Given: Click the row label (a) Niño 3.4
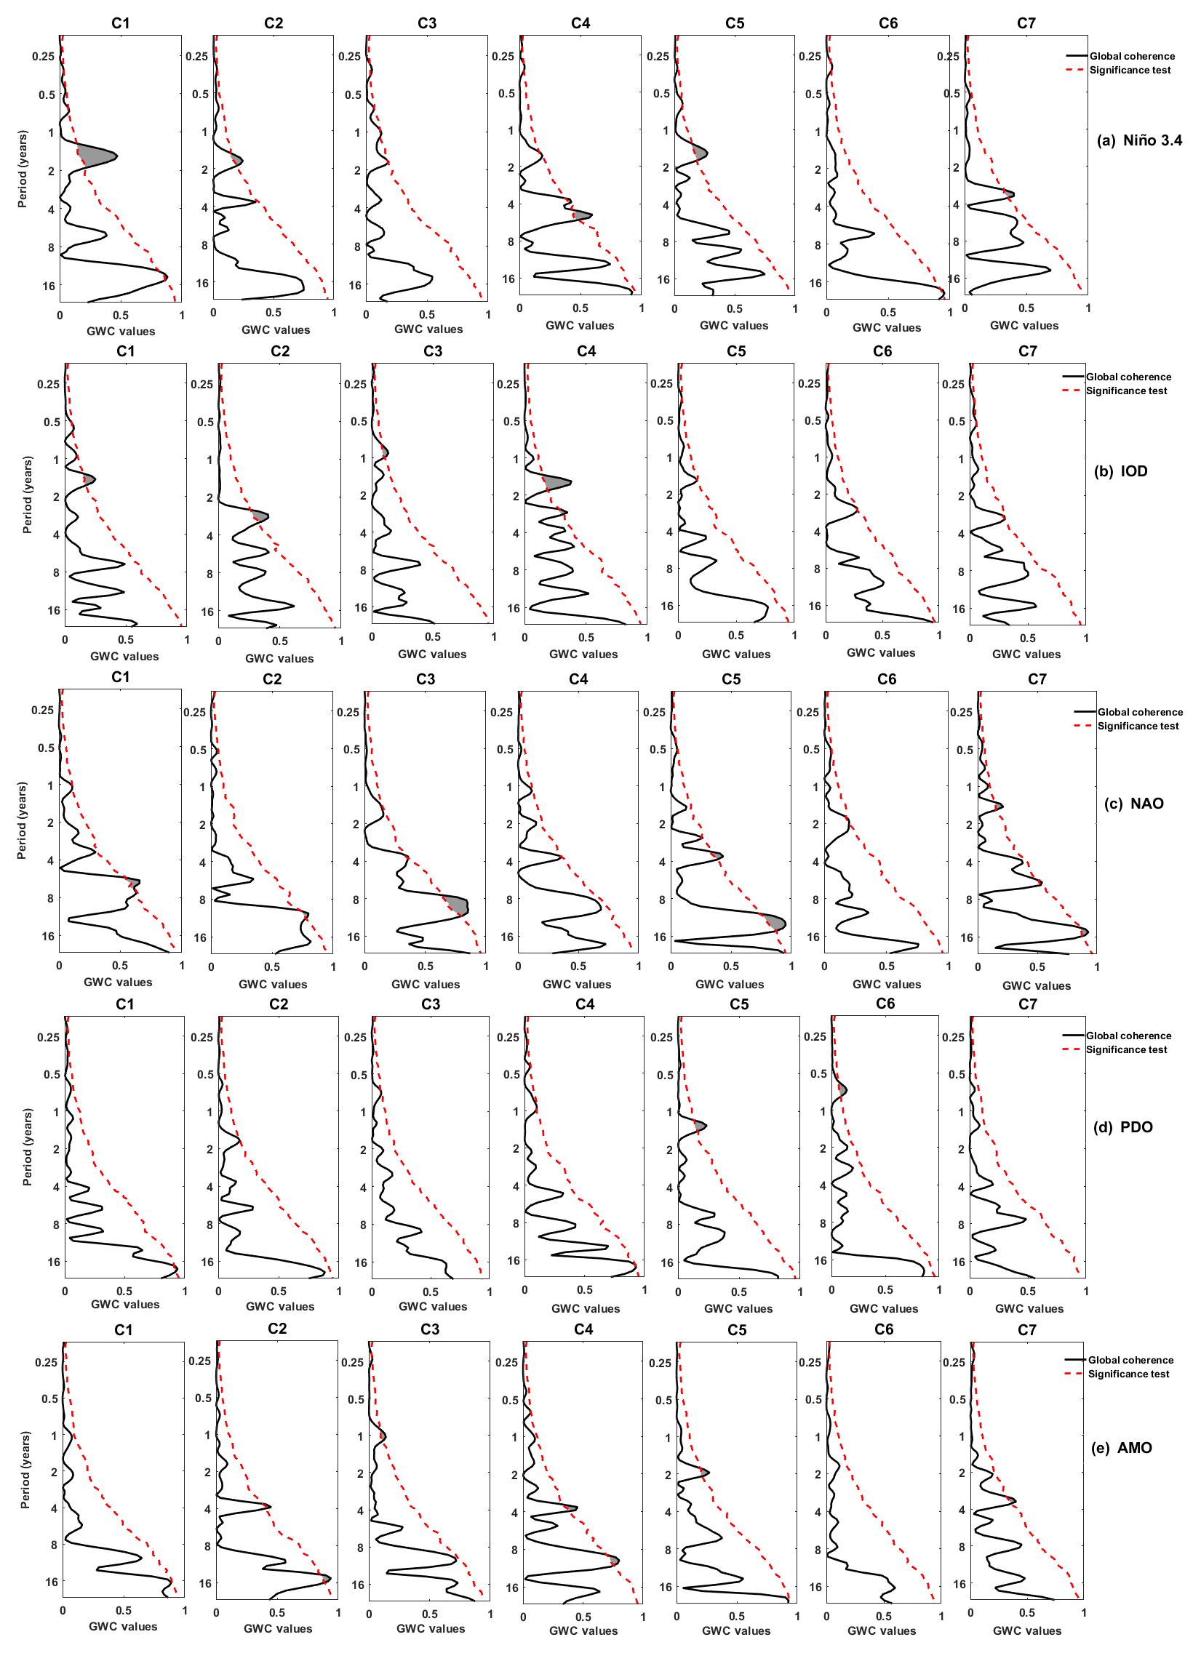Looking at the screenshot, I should (1139, 140).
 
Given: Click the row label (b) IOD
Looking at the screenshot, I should (1121, 471).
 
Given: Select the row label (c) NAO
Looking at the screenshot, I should (1134, 804).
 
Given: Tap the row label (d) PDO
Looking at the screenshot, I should (1123, 1127).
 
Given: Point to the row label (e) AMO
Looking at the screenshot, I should (1122, 1448).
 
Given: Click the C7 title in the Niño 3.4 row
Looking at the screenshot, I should (1026, 23).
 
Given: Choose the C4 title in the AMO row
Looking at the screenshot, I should (583, 1329).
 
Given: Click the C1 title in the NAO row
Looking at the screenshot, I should (120, 677).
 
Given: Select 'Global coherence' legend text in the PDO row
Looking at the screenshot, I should (1128, 1036).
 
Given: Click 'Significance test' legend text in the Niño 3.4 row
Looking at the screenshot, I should (1130, 70).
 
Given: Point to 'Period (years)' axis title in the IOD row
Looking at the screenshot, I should (27, 495).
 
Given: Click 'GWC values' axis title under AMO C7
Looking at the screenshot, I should (1026, 1630).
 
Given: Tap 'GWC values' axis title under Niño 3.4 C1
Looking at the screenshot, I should (120, 331).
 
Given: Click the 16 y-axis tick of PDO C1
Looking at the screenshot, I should (53, 1262).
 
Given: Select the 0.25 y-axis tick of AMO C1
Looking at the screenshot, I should (46, 1362).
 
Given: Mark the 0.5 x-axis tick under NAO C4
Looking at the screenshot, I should (578, 966).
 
